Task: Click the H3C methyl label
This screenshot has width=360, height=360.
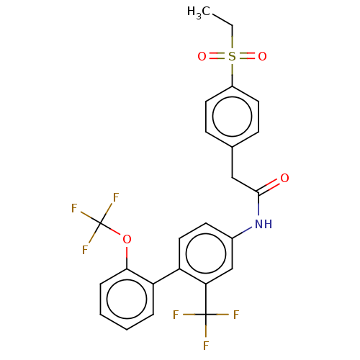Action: [199, 12]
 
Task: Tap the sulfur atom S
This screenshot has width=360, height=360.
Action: [232, 57]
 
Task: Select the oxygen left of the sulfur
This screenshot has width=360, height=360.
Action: [202, 57]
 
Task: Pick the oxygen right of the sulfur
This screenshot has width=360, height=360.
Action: [262, 57]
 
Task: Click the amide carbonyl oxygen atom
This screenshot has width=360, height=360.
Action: [284, 178]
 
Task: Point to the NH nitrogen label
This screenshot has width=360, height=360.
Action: [264, 224]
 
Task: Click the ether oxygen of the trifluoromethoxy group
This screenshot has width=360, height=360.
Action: [127, 239]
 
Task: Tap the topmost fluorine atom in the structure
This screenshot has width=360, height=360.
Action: [116, 197]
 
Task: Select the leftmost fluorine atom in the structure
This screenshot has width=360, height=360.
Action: [74, 208]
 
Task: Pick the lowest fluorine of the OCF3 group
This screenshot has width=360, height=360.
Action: [85, 250]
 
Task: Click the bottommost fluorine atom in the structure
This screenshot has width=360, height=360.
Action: [206, 346]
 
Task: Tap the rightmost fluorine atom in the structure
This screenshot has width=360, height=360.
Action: [236, 315]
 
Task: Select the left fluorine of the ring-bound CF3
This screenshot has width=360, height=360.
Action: [176, 315]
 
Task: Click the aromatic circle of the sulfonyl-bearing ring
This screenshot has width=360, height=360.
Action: [232, 96]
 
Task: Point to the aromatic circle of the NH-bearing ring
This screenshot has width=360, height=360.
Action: [206, 234]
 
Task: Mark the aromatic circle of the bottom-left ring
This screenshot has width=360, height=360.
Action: [127, 279]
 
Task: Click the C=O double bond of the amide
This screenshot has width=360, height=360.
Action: [269, 186]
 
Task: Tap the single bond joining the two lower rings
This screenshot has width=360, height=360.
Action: [166, 276]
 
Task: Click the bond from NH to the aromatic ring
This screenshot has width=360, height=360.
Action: [242, 233]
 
